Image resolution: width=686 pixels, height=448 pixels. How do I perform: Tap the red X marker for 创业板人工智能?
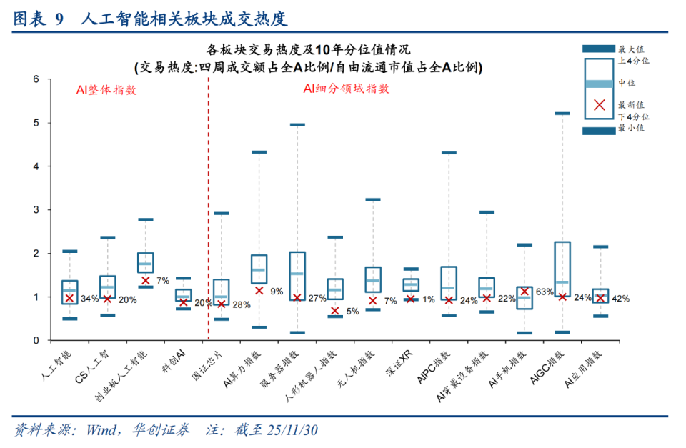(146, 280)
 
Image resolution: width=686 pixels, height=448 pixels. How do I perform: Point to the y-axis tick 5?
(36, 123)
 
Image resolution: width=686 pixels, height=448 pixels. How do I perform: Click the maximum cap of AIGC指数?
(562, 114)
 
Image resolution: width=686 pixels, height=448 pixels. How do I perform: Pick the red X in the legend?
(600, 105)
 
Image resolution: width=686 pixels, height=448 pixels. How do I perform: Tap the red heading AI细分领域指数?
(346, 89)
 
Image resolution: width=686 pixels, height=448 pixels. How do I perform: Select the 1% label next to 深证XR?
(427, 299)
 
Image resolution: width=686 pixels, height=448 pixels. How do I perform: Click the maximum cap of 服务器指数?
(297, 125)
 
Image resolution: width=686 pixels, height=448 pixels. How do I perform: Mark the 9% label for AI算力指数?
(277, 291)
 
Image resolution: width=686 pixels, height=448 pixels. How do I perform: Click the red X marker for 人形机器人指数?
(335, 311)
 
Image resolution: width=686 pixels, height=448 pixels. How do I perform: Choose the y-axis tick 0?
(36, 340)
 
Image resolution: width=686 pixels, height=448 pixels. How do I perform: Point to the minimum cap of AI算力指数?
(259, 327)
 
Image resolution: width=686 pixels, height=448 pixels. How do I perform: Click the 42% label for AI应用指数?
(620, 299)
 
